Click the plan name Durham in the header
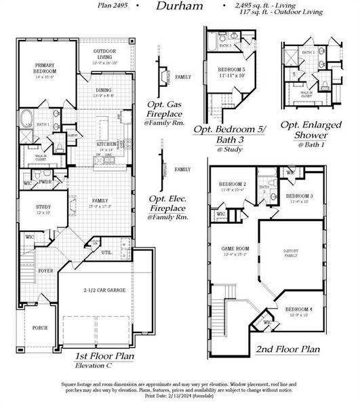(x=179, y=6)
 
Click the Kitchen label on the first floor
(x=104, y=144)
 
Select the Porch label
(x=39, y=328)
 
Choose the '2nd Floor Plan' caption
(x=287, y=350)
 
